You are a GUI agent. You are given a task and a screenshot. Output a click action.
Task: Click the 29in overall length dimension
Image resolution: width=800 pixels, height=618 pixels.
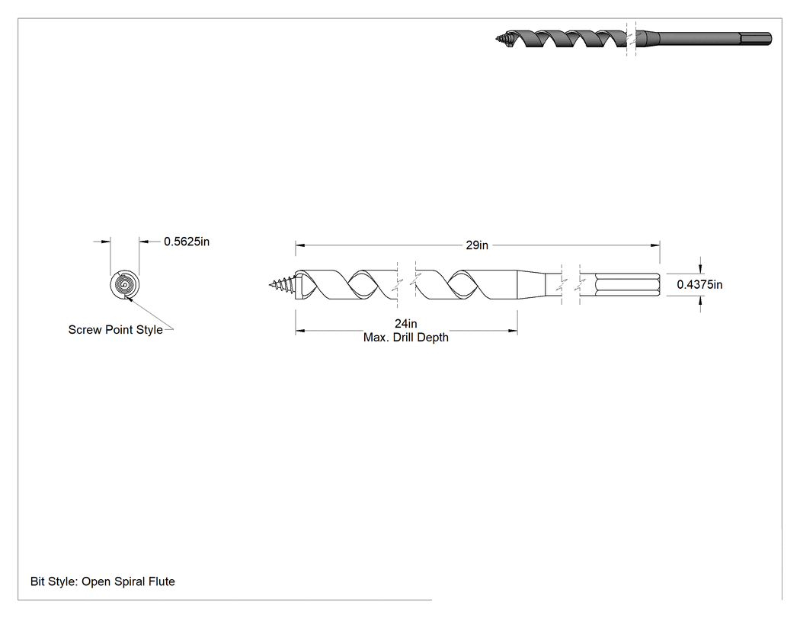pos(477,245)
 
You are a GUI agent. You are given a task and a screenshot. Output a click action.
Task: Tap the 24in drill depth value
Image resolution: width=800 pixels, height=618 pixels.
pos(405,324)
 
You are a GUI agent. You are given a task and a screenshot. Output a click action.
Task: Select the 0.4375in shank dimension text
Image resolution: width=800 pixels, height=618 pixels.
pos(699,285)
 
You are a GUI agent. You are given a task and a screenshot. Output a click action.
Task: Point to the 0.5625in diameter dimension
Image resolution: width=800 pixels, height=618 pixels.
pos(187,242)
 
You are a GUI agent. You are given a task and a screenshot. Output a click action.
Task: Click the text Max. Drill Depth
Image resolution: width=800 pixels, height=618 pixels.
pos(405,338)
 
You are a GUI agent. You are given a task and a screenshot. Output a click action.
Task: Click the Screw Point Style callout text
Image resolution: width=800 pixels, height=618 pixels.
pos(116,330)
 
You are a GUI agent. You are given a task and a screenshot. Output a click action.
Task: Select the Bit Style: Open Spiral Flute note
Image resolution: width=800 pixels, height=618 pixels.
pos(103,581)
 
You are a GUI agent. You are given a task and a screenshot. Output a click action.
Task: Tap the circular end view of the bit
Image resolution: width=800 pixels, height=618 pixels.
pos(124,285)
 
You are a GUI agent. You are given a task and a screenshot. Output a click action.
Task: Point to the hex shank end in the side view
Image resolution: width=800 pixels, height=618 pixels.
pos(628,285)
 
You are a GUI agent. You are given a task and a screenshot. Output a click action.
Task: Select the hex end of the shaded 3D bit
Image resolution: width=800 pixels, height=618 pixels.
pos(756,39)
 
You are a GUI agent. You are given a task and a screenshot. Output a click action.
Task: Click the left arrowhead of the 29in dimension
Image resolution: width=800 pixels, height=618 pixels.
pos(300,245)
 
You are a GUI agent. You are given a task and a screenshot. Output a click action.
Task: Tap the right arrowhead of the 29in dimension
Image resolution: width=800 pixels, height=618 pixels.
pos(655,245)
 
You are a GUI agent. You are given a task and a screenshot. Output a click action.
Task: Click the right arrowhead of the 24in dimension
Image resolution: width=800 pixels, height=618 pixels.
pos(513,331)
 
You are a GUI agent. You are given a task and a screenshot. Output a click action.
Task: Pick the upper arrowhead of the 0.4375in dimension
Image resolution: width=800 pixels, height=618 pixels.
pos(700,268)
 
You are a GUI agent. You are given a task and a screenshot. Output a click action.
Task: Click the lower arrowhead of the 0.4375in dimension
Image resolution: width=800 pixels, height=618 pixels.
pos(700,302)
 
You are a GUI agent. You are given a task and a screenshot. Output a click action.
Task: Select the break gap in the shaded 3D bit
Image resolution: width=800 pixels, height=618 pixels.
pos(631,39)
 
